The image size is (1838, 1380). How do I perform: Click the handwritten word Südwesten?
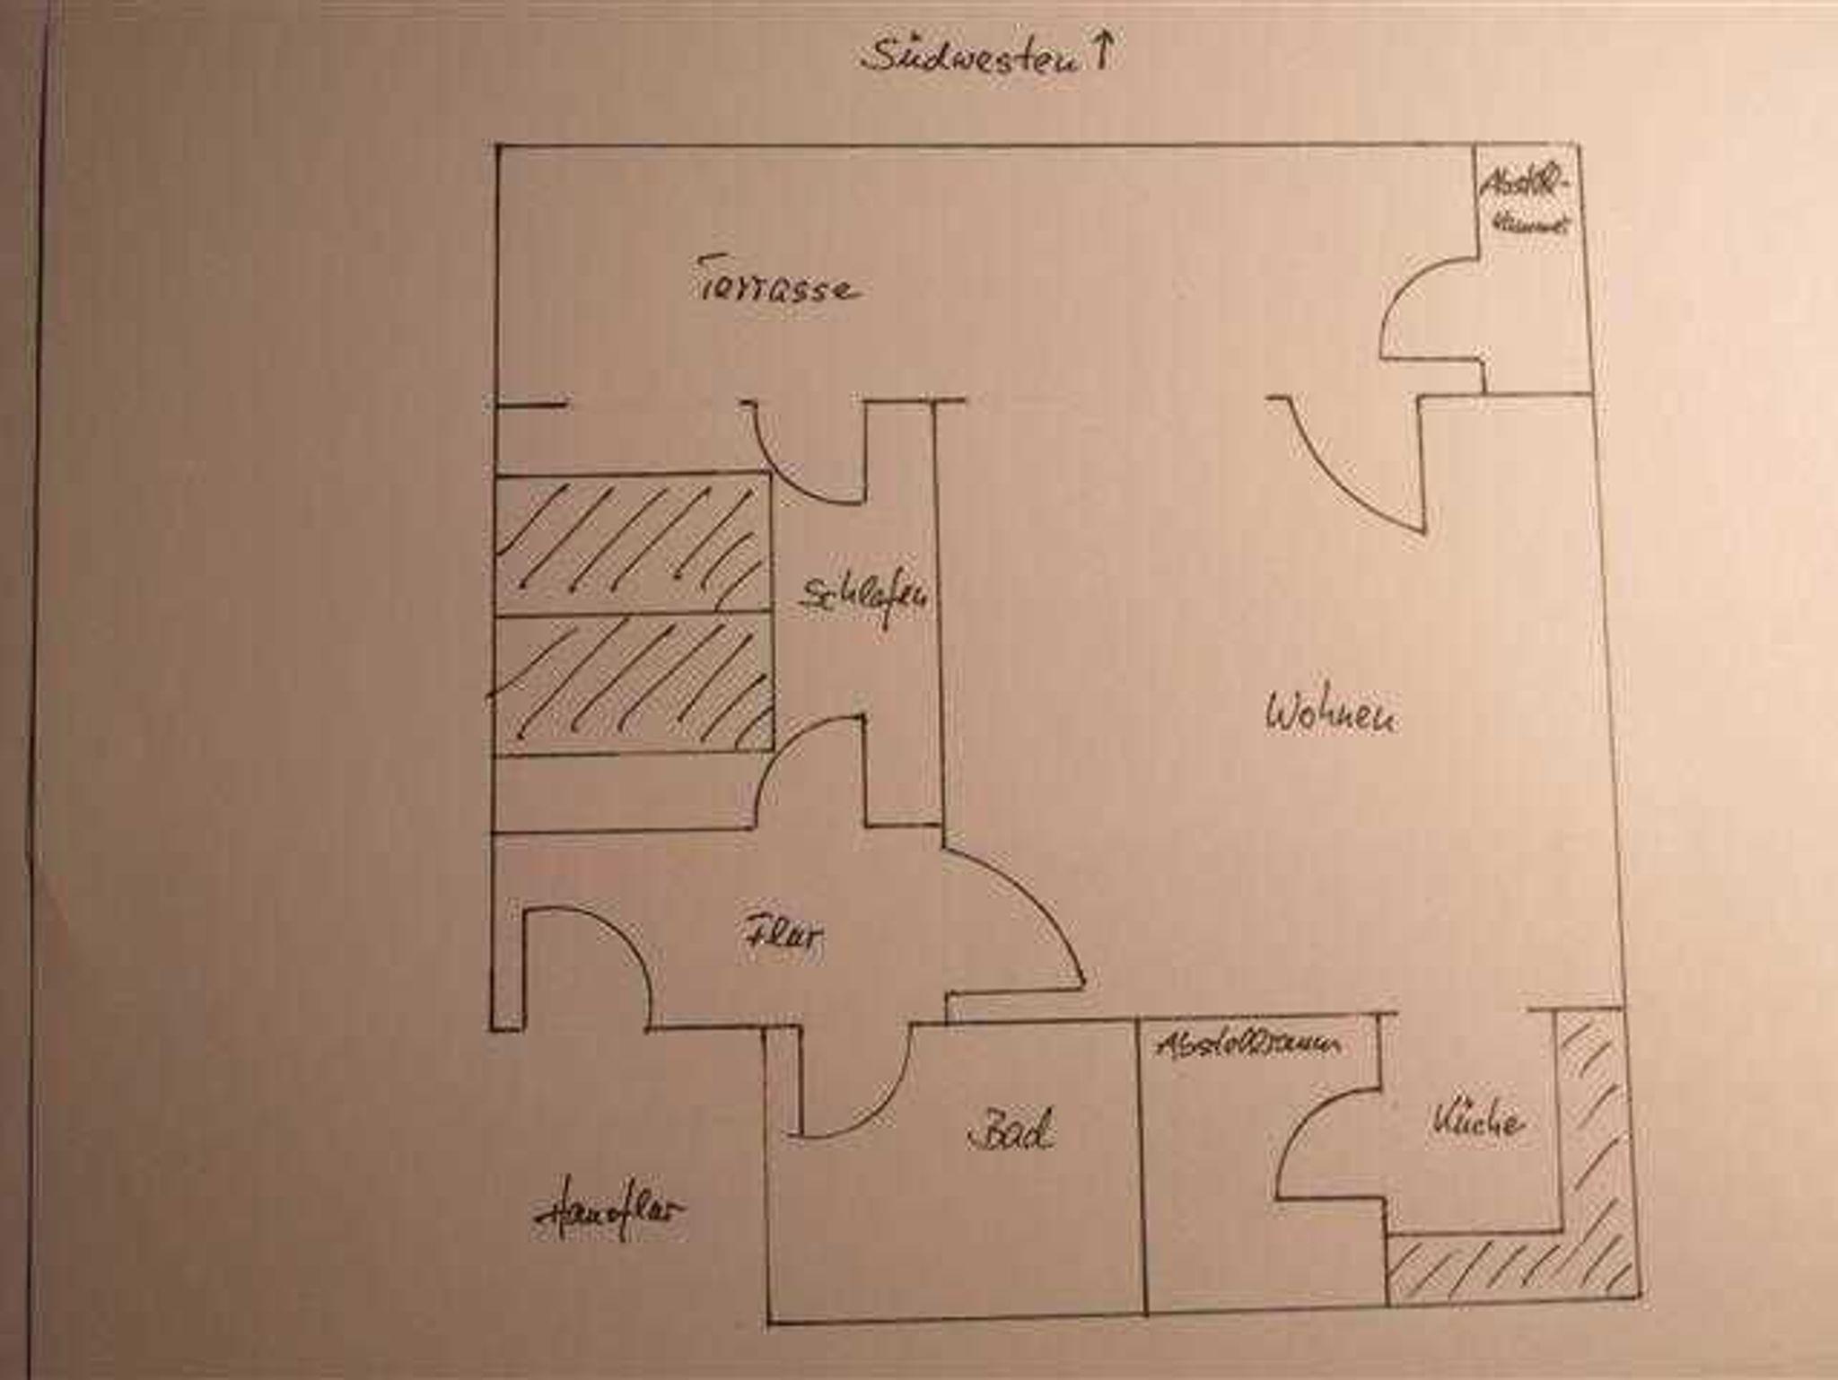[x=969, y=56]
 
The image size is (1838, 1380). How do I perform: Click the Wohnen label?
[x=1330, y=715]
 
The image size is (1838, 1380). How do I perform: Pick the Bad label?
[x=1011, y=1132]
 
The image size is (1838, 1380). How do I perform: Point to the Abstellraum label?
[x=1248, y=1044]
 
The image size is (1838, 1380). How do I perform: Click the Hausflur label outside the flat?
[x=609, y=1213]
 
